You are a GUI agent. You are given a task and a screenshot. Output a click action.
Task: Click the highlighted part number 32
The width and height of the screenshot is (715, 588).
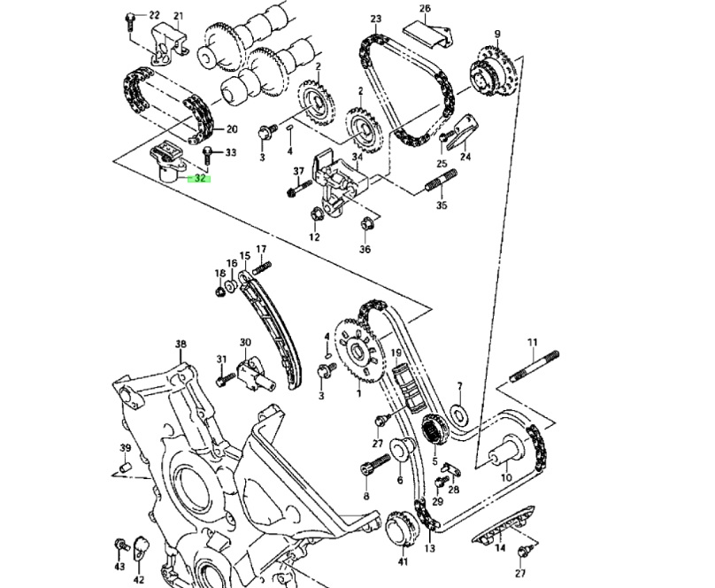pos(200,178)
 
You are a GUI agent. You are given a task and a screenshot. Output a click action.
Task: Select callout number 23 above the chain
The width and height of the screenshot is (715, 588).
pos(375,19)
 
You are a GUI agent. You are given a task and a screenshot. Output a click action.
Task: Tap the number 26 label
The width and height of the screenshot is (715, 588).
pos(425,9)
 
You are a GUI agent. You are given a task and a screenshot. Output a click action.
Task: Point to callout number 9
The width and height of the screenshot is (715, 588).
pos(497,35)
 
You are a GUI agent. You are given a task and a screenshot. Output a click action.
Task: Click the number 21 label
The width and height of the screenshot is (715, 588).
pos(178,17)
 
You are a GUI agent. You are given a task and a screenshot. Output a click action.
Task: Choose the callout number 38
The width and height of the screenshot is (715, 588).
pos(181,344)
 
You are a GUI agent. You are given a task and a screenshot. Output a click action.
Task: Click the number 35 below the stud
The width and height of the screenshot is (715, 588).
pos(442,205)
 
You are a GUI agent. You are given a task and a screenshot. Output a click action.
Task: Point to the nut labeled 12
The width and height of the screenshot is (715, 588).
pos(316,214)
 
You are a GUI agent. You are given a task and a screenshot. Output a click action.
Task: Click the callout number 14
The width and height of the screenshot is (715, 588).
pos(500,549)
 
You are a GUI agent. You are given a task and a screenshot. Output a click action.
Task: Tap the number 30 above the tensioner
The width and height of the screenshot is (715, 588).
pos(245,343)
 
